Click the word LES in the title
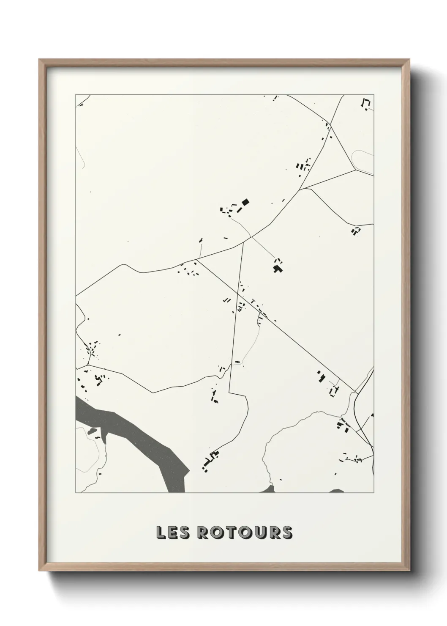[173, 533]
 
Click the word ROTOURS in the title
[245, 533]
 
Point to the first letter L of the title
[161, 533]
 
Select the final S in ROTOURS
[287, 533]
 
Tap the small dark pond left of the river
[91, 431]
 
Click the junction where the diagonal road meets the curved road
[197, 259]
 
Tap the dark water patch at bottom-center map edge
[269, 489]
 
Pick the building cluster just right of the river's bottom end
[210, 460]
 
